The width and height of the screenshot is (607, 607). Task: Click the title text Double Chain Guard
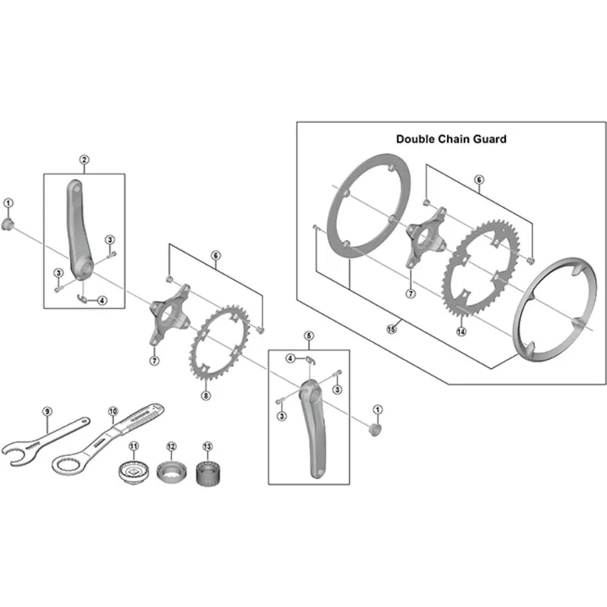tap(451, 139)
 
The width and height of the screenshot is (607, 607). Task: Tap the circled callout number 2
tap(84, 159)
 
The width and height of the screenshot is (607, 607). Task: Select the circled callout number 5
tap(308, 335)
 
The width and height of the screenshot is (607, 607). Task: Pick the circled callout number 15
tap(392, 329)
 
